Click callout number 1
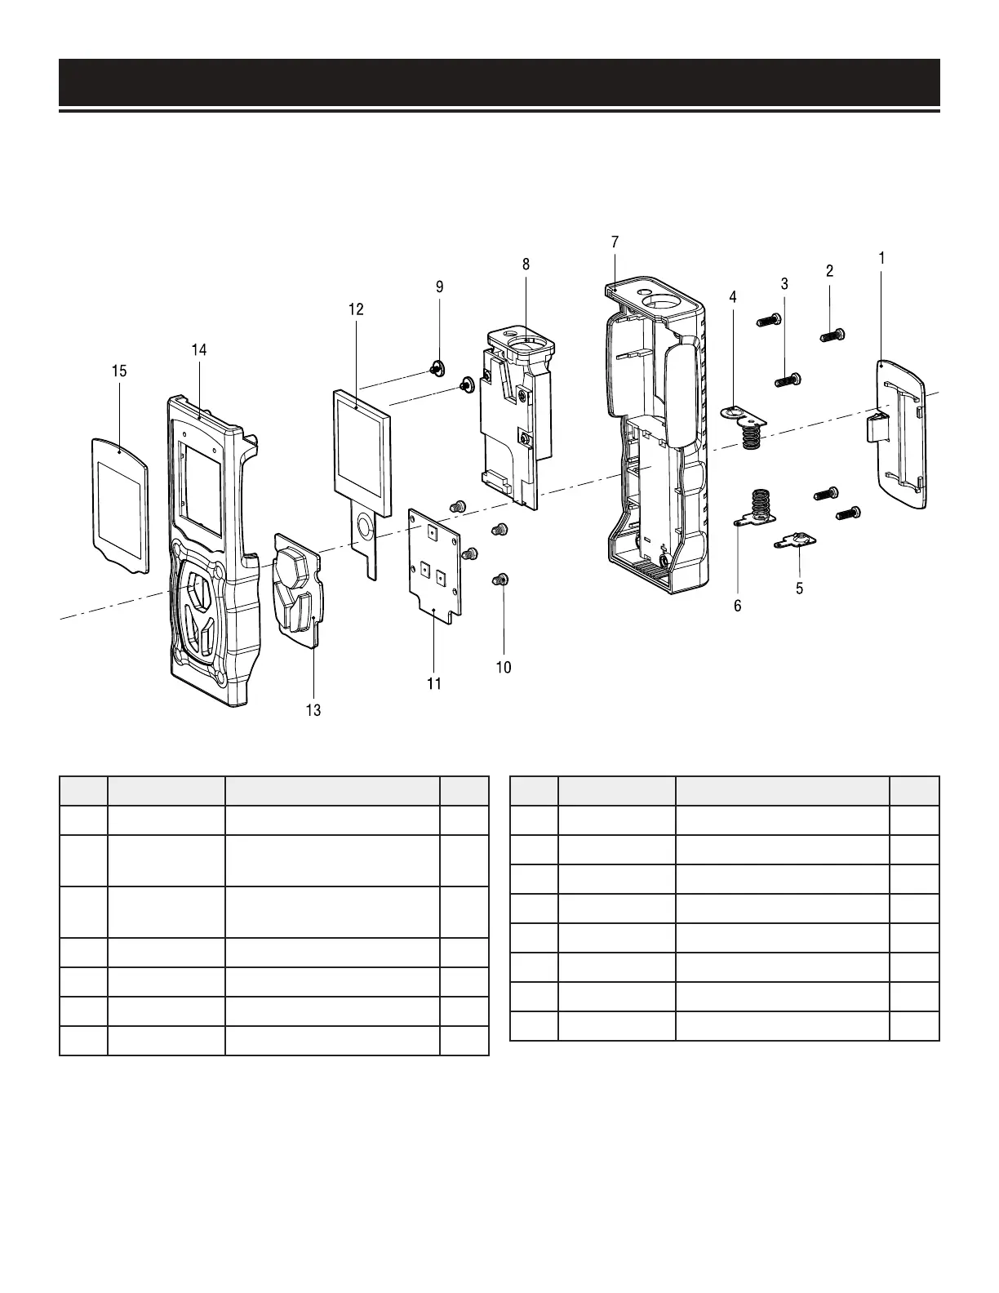(881, 257)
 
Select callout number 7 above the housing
(615, 242)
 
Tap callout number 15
(119, 371)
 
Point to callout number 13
(313, 710)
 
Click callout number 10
(504, 667)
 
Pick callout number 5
(799, 588)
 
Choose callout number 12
(356, 309)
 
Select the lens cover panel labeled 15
(119, 504)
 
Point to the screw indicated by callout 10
(501, 580)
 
